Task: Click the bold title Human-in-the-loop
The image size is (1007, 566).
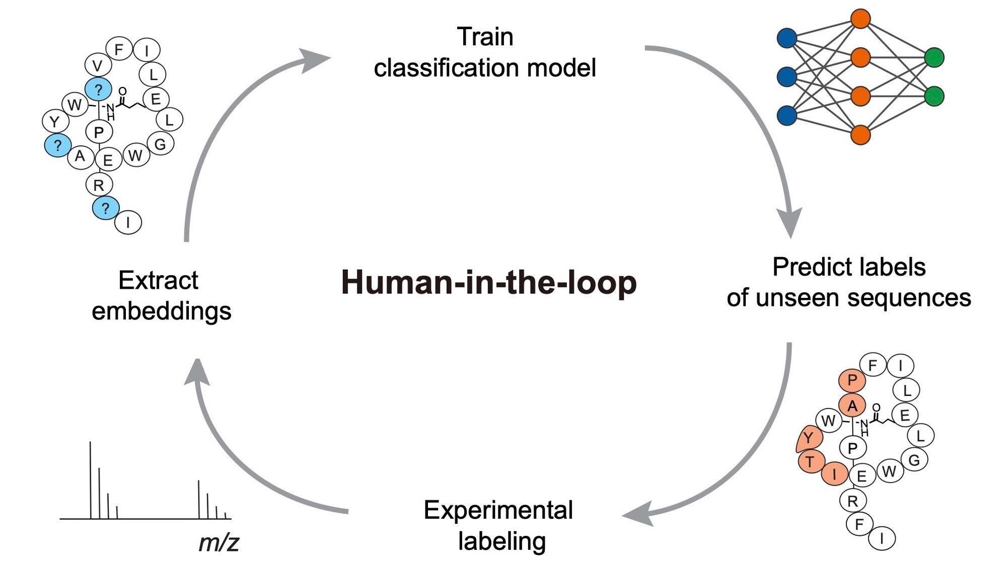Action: [488, 283]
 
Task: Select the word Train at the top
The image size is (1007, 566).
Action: [485, 37]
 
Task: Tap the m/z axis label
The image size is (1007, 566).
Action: [219, 543]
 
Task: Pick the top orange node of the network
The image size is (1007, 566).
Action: [860, 19]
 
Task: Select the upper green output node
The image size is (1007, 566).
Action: [934, 57]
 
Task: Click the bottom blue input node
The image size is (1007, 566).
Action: [787, 116]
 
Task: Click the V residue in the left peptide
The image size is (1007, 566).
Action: [98, 65]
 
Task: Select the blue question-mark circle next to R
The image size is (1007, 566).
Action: [105, 208]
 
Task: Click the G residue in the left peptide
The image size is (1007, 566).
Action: [161, 144]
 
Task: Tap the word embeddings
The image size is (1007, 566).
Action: [161, 311]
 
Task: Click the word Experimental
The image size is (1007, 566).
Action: [498, 511]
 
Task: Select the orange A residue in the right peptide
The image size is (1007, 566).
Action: [852, 406]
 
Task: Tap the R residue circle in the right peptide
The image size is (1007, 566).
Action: [852, 501]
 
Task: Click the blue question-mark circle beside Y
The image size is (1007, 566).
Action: [57, 145]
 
